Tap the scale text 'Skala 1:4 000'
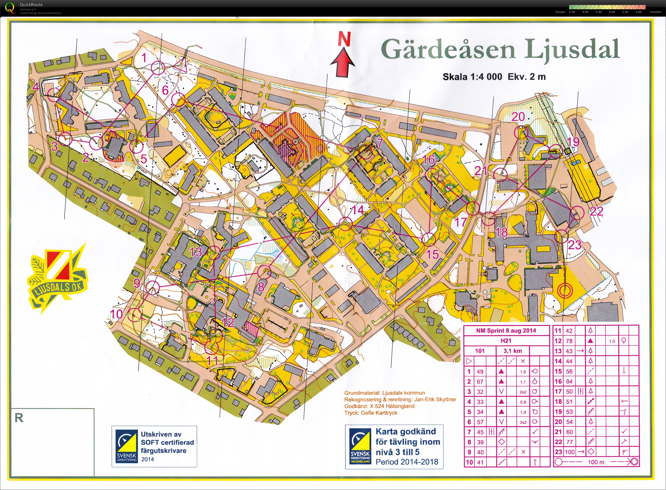[472, 77]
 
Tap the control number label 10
[116, 314]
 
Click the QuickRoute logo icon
[10, 8]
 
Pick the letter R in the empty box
[19, 418]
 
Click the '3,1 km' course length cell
[513, 351]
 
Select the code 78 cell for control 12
[569, 341]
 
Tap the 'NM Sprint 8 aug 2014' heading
[506, 331]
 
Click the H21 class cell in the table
[506, 340]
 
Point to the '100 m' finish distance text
[596, 462]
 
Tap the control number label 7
[380, 143]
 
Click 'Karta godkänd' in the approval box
[405, 432]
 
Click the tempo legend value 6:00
[638, 12]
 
